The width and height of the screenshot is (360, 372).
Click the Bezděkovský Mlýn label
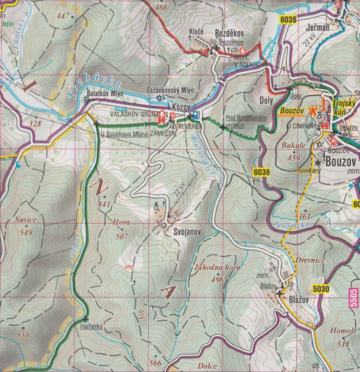(170, 89)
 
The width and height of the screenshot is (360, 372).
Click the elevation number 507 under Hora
(122, 236)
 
